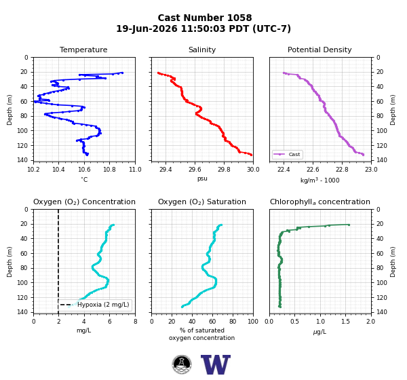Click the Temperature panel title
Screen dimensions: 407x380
click(83, 50)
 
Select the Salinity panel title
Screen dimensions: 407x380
click(202, 50)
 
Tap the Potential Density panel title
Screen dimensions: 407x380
click(319, 50)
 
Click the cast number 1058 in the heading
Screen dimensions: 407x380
click(239, 18)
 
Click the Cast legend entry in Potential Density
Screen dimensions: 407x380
click(288, 154)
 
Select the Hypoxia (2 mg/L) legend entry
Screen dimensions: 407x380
click(95, 305)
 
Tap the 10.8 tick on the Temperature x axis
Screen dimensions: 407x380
click(109, 170)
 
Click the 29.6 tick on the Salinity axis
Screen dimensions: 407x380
click(195, 170)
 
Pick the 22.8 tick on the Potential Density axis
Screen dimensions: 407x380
click(342, 170)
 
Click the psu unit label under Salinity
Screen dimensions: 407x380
click(202, 178)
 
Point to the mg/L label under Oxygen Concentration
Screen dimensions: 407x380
click(83, 330)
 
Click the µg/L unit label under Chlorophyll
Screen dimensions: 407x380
click(319, 332)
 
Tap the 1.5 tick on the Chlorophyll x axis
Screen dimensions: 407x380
click(345, 322)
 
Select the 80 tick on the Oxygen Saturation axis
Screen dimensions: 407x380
click(233, 322)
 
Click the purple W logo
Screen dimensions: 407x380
click(216, 364)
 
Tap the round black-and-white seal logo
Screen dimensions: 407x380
click(182, 364)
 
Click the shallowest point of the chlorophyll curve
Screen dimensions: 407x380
click(349, 225)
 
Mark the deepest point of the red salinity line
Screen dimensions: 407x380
click(251, 155)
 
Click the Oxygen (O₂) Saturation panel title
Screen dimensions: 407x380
click(202, 202)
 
